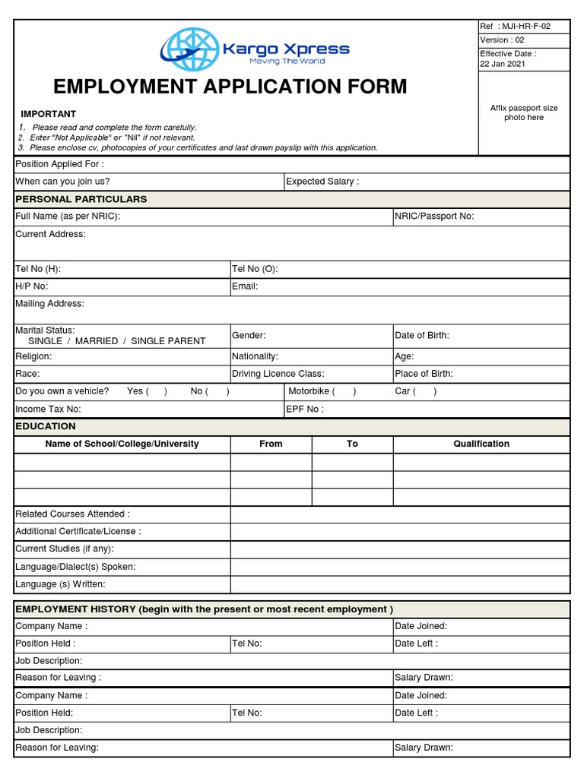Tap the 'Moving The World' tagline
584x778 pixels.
[x=287, y=62]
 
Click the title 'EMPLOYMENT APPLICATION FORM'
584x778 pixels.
[x=230, y=87]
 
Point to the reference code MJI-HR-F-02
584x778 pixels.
[x=524, y=27]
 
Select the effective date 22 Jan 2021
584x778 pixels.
[x=502, y=64]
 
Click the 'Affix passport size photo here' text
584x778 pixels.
[x=523, y=112]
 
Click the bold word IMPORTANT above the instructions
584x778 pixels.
[x=49, y=114]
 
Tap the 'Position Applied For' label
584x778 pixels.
[x=60, y=164]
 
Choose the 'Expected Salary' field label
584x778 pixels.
[x=322, y=182]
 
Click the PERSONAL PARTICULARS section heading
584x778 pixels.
[x=81, y=199]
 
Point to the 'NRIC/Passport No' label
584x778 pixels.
[x=434, y=217]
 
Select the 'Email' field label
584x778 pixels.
[x=245, y=286]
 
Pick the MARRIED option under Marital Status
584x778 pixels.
[x=97, y=341]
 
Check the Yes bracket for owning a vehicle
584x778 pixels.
[x=157, y=391]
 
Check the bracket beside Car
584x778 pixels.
[x=425, y=391]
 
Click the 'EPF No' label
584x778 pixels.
[x=305, y=409]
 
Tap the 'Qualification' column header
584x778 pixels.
[x=481, y=444]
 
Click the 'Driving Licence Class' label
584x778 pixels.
[x=278, y=374]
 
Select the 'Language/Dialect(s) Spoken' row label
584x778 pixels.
[x=75, y=567]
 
